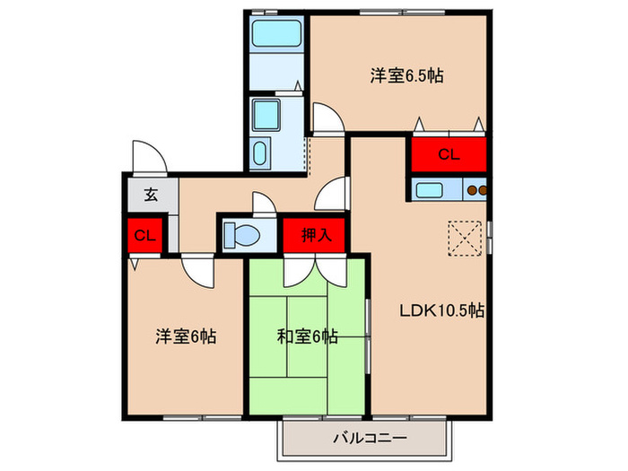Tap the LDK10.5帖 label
coord(442,311)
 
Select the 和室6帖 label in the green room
coord(307,337)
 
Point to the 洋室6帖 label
coord(186,337)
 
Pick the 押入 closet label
coord(315,236)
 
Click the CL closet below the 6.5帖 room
coord(449,154)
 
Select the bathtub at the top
coord(275,35)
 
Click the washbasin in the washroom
coord(261,153)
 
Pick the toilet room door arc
coord(266,202)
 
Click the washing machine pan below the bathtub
coord(267,115)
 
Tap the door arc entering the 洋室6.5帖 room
coord(327,118)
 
